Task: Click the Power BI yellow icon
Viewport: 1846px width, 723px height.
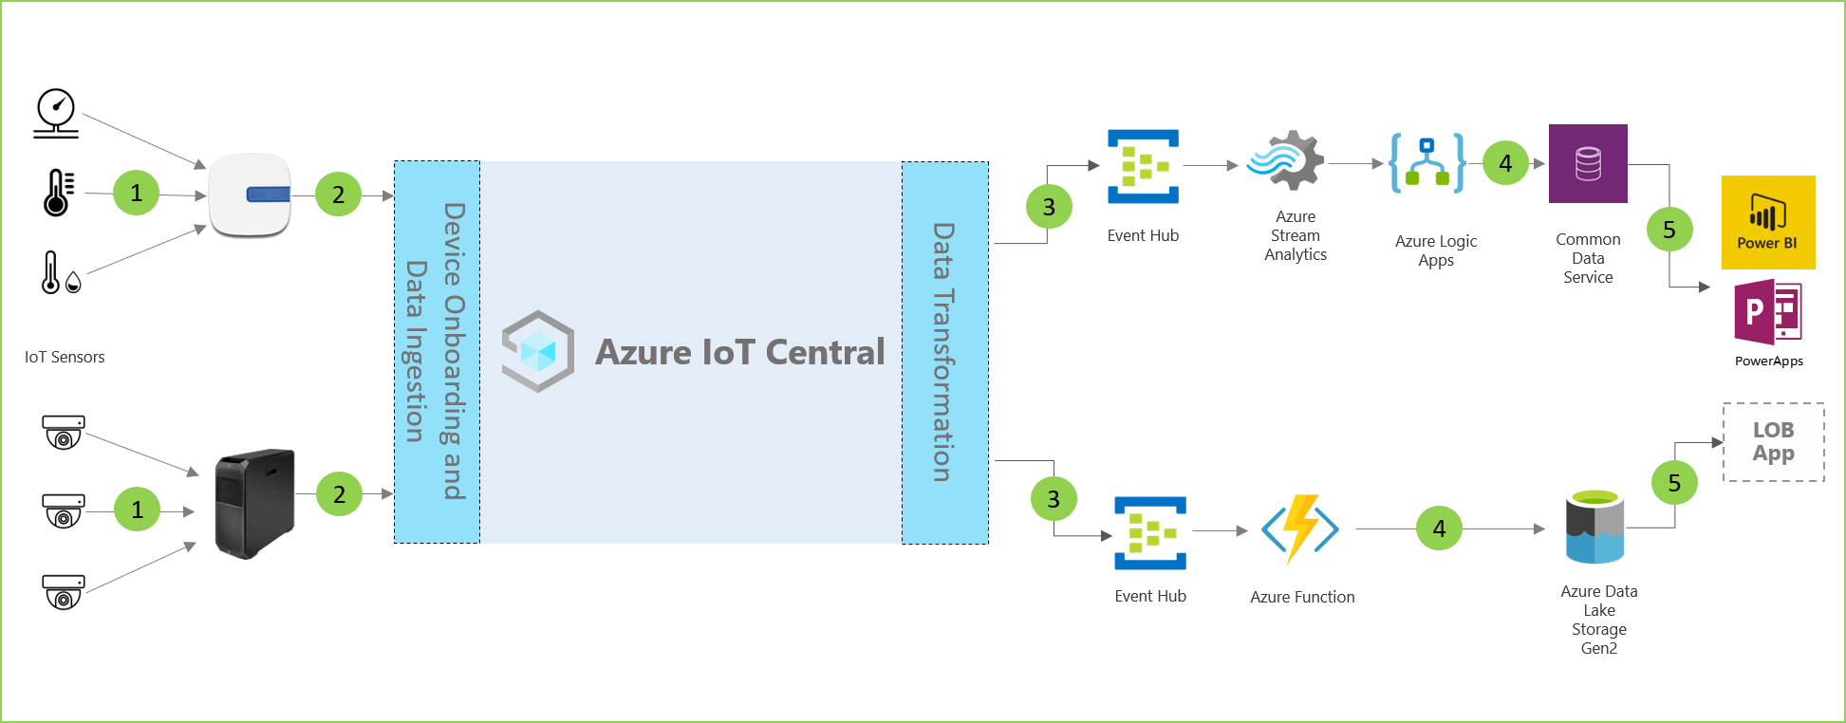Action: pos(1767,222)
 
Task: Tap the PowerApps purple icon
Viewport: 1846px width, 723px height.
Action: pos(1767,312)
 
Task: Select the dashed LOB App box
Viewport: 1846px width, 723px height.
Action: pos(1773,442)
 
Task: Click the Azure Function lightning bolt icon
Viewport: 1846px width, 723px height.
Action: pos(1300,528)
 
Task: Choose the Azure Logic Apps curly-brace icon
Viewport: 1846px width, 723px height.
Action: pos(1426,163)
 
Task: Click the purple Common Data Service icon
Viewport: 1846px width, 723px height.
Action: pos(1588,163)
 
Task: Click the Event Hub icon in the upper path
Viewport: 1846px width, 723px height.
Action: pos(1143,166)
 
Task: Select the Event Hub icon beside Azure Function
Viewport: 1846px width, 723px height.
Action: pos(1150,532)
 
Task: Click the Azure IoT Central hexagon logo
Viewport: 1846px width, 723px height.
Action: pos(538,351)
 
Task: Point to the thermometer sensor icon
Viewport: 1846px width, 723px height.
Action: pos(58,193)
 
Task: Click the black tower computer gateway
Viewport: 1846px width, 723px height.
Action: pos(254,503)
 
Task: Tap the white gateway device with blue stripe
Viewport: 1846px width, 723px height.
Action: pos(250,195)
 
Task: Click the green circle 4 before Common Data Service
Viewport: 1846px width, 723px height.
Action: pos(1505,163)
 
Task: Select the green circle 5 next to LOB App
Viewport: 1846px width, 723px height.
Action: pos(1674,483)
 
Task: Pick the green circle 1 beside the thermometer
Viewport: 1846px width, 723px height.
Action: pos(136,193)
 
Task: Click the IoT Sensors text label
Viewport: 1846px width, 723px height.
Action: pos(65,357)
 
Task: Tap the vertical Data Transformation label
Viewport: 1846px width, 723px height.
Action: pos(943,352)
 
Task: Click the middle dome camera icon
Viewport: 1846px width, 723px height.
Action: pos(64,510)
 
